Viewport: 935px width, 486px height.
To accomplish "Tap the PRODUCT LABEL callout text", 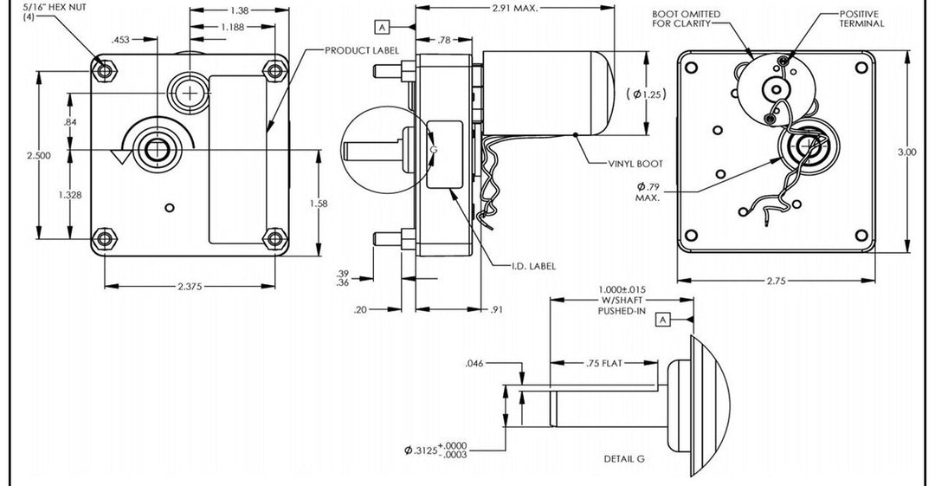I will tap(362, 50).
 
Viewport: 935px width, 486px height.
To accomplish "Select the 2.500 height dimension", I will tap(38, 155).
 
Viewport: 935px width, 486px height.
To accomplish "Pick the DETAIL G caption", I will tap(624, 458).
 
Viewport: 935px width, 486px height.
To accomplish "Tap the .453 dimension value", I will tap(121, 40).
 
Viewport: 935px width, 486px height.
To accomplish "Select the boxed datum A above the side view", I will tap(382, 26).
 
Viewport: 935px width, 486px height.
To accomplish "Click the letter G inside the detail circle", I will tap(435, 150).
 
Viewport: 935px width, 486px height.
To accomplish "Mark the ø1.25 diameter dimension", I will tap(646, 94).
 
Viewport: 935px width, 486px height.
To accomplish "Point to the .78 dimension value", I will tap(444, 40).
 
